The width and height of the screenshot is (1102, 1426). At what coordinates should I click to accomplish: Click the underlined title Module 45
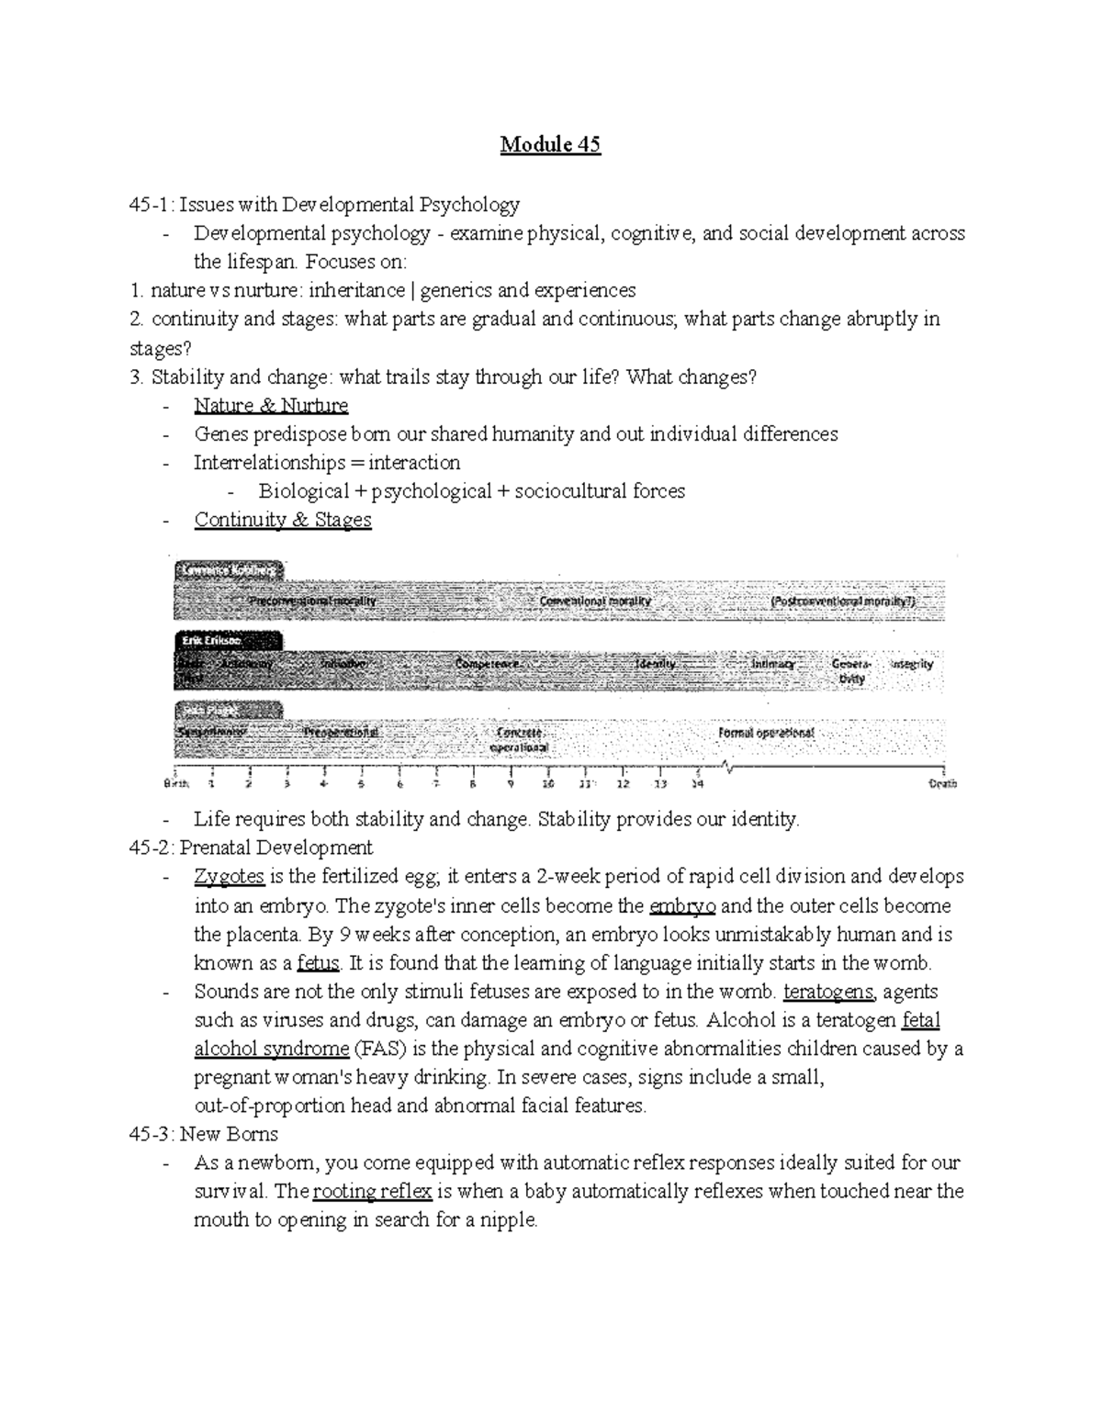(550, 145)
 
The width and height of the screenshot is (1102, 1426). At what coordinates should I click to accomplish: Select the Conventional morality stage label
(595, 601)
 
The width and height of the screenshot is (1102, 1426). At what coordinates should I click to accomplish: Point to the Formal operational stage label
(766, 733)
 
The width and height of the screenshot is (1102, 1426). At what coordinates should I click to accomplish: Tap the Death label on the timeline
(942, 784)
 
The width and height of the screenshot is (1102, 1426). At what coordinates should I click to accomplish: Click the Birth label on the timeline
(176, 784)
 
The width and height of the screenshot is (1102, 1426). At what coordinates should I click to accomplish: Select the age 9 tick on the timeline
(511, 784)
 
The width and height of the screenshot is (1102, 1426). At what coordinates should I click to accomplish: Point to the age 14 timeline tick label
(698, 784)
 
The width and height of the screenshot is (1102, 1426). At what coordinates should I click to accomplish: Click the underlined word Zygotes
(229, 877)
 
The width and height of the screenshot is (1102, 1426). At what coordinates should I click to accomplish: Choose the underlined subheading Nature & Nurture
(271, 405)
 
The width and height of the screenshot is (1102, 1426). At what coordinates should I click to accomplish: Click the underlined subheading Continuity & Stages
(283, 520)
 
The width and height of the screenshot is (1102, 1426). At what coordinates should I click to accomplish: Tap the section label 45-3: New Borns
(210, 1134)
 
